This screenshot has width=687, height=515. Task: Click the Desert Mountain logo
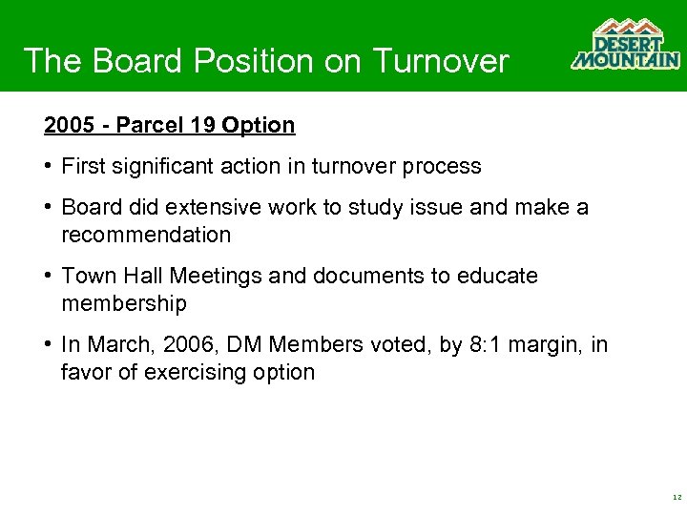(625, 45)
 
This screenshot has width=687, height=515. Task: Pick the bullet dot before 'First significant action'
(48, 166)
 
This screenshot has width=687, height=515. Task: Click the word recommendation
(146, 235)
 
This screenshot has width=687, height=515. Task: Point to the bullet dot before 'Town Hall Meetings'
(48, 276)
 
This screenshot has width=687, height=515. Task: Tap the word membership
(124, 303)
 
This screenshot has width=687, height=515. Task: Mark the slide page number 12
(676, 498)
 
